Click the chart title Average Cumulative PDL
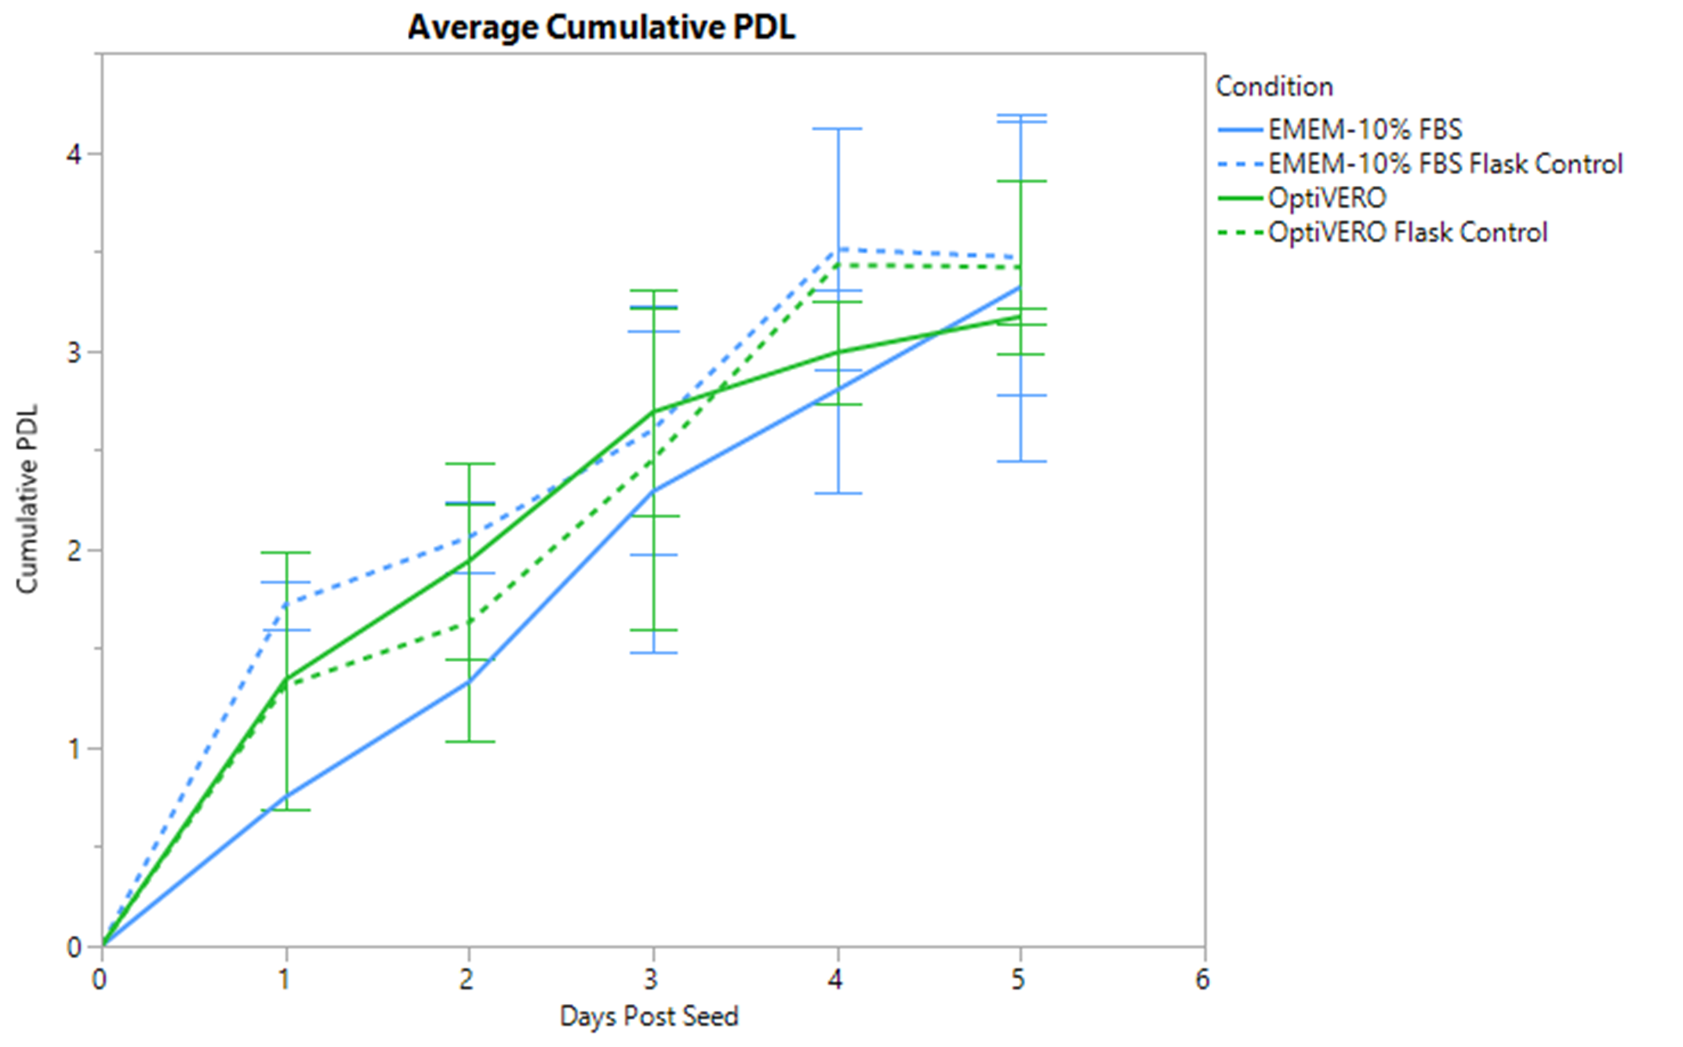tap(601, 27)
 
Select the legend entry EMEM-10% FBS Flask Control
tap(1445, 164)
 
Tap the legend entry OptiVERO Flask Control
tap(1407, 232)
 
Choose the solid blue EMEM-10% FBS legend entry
tap(1365, 129)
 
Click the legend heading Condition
tap(1274, 86)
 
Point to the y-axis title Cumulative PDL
tap(27, 499)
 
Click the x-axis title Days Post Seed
tap(649, 1016)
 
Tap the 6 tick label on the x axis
tap(1202, 980)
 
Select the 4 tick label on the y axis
tap(74, 154)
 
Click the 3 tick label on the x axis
tap(651, 980)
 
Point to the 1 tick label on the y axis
tap(74, 749)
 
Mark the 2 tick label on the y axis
tap(74, 551)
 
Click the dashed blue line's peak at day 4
tap(838, 249)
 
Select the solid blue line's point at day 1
tap(286, 797)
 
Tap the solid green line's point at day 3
tap(653, 412)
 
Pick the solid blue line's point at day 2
tap(469, 681)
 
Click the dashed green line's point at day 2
tap(469, 623)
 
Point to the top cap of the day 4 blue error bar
tap(838, 129)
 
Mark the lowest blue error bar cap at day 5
tap(1021, 461)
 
